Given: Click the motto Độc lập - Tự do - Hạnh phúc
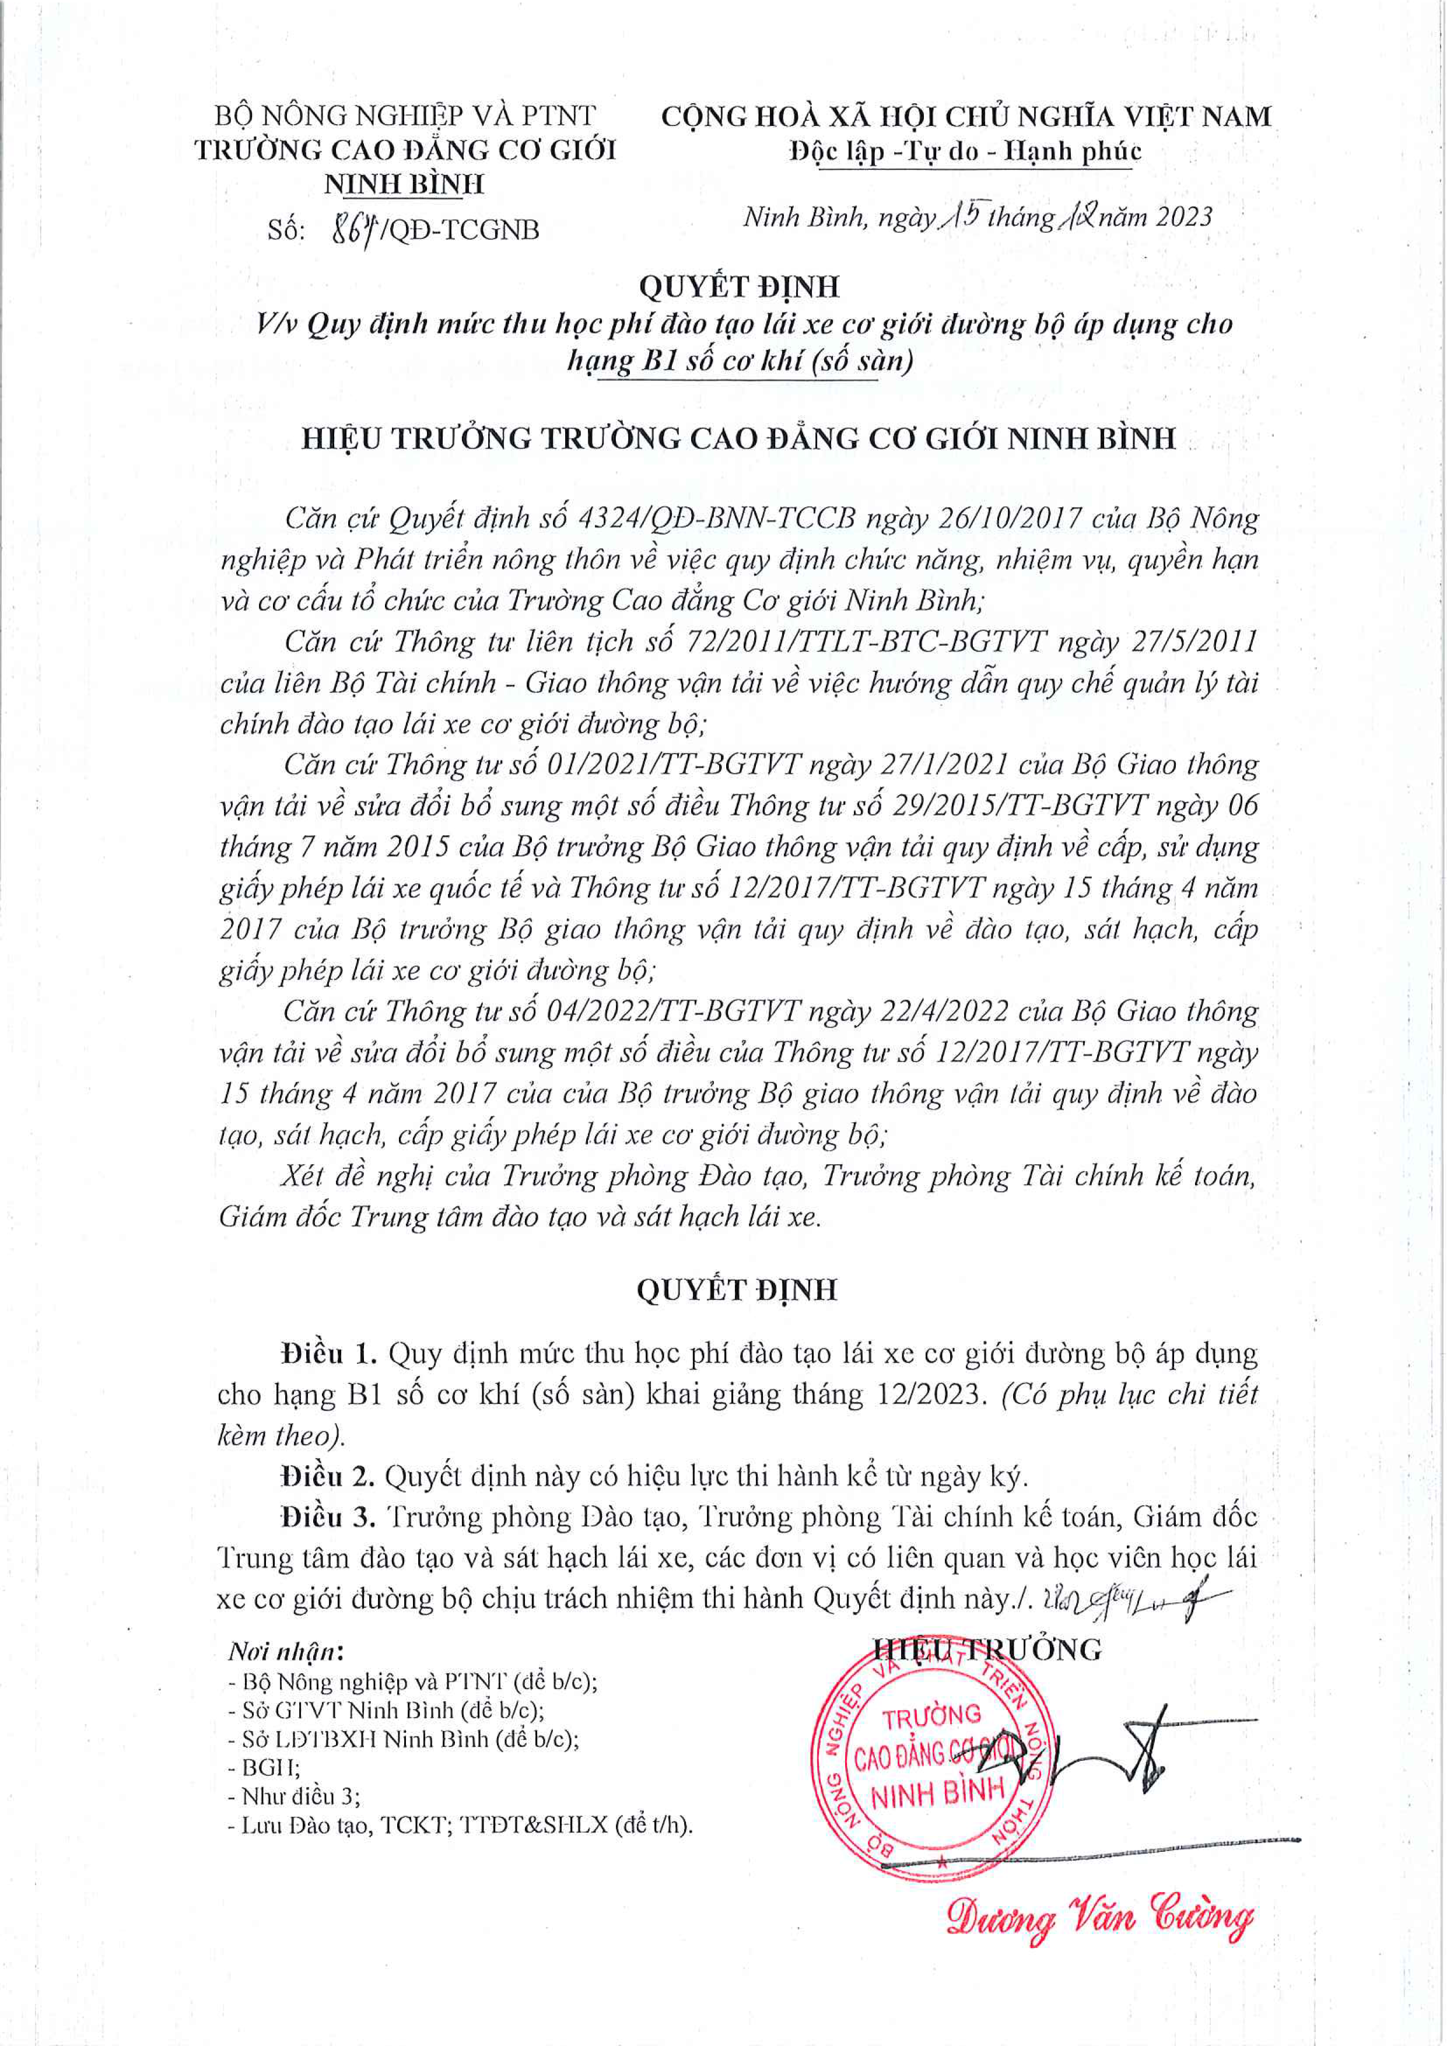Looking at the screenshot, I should click(965, 152).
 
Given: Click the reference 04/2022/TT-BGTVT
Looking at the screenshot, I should click(661, 1011).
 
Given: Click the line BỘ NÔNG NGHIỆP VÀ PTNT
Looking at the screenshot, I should click(405, 115).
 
